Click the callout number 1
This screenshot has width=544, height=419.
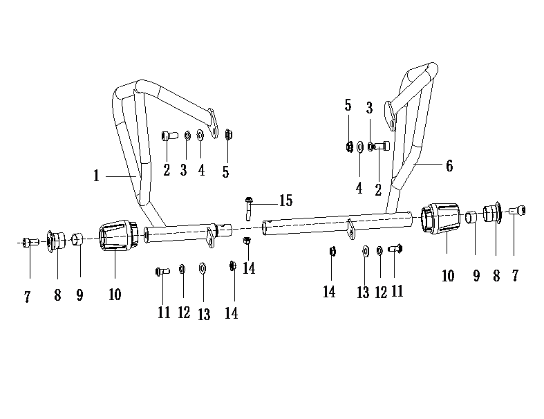[97, 176]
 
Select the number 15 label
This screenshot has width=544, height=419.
[285, 201]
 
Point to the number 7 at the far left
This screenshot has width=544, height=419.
[28, 297]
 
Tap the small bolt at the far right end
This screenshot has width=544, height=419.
[519, 210]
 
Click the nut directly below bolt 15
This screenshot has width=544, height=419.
[247, 241]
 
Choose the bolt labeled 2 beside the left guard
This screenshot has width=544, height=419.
[167, 134]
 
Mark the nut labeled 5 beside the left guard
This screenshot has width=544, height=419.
[229, 134]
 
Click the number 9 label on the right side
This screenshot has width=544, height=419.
[476, 275]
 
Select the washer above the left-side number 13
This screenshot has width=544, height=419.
[203, 268]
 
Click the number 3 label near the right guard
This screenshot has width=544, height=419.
[370, 109]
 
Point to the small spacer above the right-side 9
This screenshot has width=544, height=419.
[470, 217]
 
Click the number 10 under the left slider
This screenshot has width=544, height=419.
[115, 294]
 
